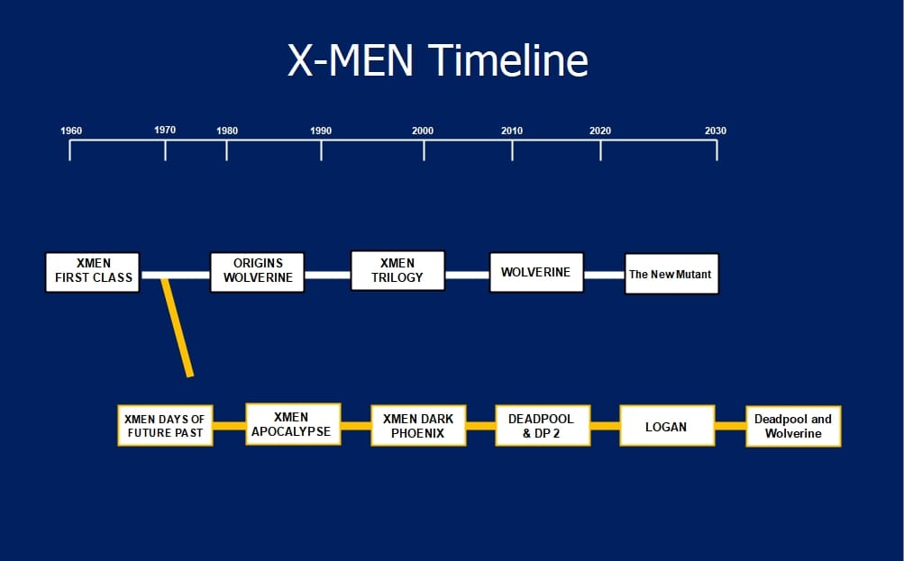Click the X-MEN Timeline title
(x=437, y=60)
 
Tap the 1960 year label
(x=71, y=131)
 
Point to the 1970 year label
(x=165, y=130)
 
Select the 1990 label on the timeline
(x=321, y=131)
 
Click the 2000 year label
(x=423, y=131)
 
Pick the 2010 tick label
(x=512, y=131)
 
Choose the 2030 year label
(x=716, y=131)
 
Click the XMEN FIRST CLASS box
(x=93, y=271)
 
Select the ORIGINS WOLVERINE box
(x=258, y=271)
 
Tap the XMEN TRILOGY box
(x=397, y=270)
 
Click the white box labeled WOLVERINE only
(x=536, y=272)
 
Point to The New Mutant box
(x=672, y=274)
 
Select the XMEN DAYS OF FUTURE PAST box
(x=166, y=426)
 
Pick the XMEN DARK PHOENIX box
(x=418, y=426)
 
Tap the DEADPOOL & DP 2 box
(x=541, y=426)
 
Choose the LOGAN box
(x=666, y=427)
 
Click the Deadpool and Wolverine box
(x=793, y=426)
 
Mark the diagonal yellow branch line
(x=177, y=328)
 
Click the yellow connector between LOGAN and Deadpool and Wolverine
(x=730, y=426)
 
